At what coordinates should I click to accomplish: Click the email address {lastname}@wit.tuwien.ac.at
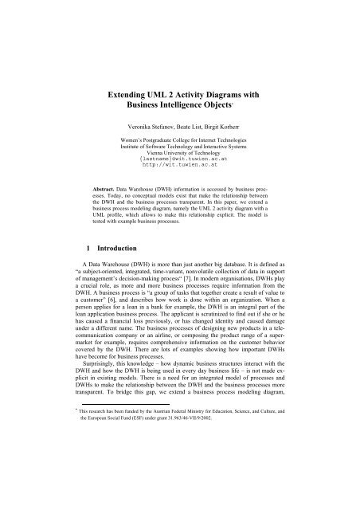coord(179,167)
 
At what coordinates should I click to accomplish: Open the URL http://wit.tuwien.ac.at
coord(179,174)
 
